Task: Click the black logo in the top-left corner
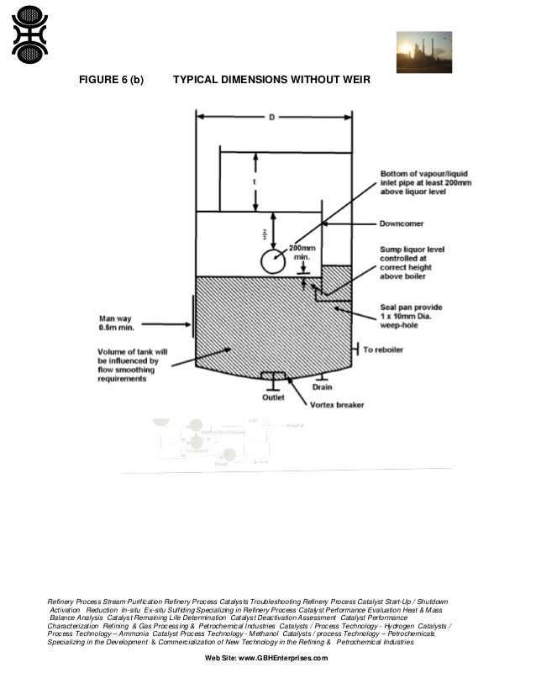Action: click(29, 34)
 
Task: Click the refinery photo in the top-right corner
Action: click(423, 52)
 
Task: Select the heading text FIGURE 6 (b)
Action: click(111, 80)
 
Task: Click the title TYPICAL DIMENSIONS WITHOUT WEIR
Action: click(271, 80)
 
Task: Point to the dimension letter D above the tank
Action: click(271, 118)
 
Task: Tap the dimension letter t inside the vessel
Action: click(255, 181)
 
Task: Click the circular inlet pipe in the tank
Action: click(271, 261)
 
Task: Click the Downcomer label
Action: click(400, 224)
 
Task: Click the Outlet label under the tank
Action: click(274, 397)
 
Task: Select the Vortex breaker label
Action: click(338, 404)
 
